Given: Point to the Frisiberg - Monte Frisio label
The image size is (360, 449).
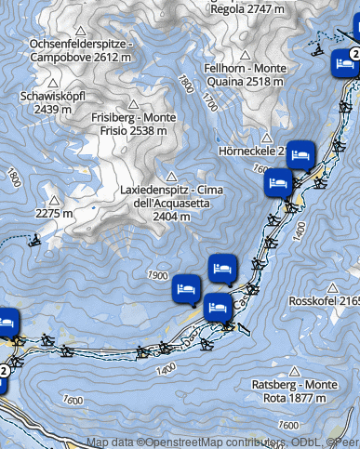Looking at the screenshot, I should coord(135,125).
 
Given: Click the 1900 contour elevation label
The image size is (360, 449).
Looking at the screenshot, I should coord(157,276).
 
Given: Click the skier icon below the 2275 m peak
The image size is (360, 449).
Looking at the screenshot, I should coord(34,243).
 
